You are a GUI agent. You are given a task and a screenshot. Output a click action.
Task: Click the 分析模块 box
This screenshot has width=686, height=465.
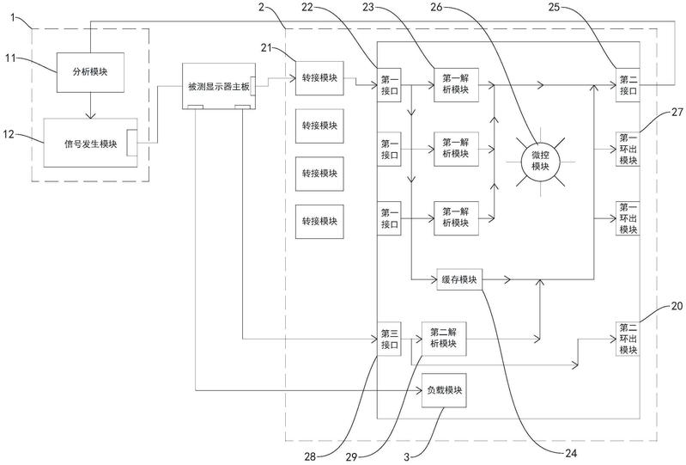pyautogui.click(x=92, y=72)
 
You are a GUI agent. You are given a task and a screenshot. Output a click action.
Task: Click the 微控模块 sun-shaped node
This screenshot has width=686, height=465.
pyautogui.click(x=540, y=161)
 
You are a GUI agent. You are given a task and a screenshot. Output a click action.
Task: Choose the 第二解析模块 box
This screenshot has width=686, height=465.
pyautogui.click(x=451, y=337)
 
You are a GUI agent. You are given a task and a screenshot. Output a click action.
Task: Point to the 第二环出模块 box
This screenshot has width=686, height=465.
pyautogui.click(x=627, y=338)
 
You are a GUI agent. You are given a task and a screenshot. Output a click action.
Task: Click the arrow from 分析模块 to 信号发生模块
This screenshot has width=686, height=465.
pyautogui.click(x=90, y=107)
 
